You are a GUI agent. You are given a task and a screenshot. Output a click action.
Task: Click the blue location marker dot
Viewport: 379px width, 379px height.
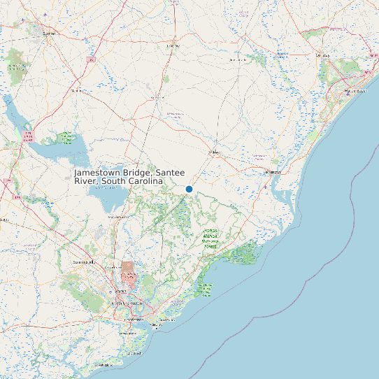tap(189, 189)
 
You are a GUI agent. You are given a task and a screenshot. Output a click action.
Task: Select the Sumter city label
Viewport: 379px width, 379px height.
tap(49, 32)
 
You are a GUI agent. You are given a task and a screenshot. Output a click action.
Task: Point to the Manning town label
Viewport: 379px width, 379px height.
tap(77, 90)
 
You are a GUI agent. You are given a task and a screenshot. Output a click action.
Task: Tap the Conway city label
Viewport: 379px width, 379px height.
tap(322, 55)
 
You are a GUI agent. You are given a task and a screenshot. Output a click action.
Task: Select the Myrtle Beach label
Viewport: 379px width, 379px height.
tap(355, 92)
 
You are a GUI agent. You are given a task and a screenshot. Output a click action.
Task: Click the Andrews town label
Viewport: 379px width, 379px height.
tap(214, 151)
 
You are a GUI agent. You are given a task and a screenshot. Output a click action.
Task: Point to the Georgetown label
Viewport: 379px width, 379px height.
tap(271, 171)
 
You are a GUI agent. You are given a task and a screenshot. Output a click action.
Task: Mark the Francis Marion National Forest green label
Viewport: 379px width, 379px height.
tap(210, 238)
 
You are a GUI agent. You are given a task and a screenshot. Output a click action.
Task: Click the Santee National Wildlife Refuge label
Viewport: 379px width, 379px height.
tap(66, 137)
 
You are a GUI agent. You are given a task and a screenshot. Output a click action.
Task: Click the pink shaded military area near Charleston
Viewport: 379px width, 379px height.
tap(128, 271)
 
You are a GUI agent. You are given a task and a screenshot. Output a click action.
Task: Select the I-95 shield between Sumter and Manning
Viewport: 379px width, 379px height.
tap(91, 61)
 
